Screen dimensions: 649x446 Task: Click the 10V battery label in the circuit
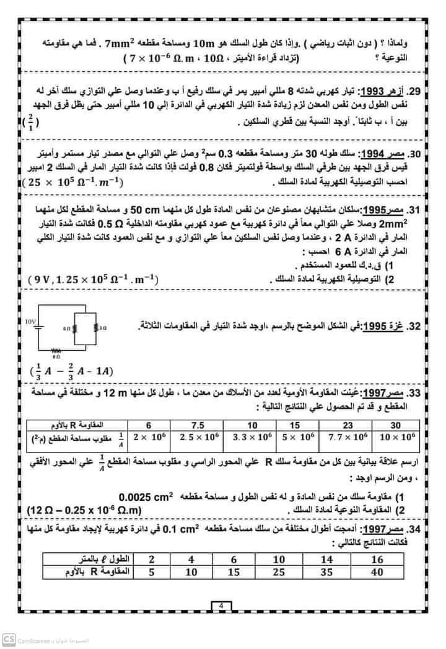pyautogui.click(x=32, y=322)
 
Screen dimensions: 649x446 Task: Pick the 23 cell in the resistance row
pyautogui.click(x=347, y=426)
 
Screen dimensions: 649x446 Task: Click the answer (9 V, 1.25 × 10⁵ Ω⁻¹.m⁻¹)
pyautogui.click(x=93, y=280)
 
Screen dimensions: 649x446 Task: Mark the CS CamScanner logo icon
pyautogui.click(x=8, y=639)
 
